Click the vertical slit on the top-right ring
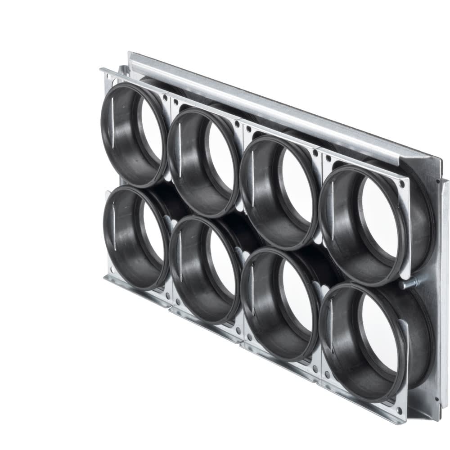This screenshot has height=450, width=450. (x=332, y=216)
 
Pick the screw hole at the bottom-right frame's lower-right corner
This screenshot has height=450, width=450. (x=399, y=410)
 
